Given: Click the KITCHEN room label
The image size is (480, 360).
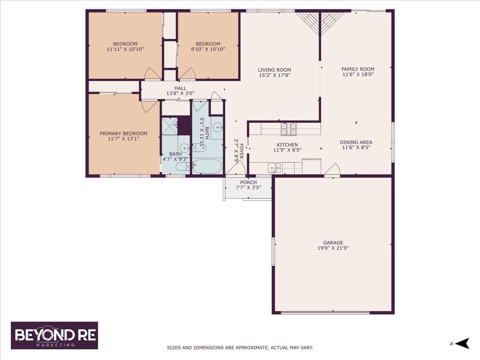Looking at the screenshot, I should pyautogui.click(x=287, y=145).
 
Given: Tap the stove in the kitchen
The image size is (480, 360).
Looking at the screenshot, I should pyautogui.click(x=289, y=128).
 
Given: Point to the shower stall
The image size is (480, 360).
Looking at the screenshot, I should pyautogui.click(x=170, y=126).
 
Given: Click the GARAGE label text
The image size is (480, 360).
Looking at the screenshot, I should pyautogui.click(x=333, y=242).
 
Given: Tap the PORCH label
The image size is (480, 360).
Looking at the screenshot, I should pyautogui.click(x=248, y=182).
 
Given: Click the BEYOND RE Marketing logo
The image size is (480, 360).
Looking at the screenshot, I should pyautogui.click(x=54, y=335).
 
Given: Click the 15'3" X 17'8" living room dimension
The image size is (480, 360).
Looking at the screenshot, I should pyautogui.click(x=274, y=75).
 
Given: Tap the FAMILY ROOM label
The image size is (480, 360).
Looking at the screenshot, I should pyautogui.click(x=358, y=69).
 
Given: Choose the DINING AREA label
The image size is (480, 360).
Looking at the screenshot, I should pyautogui.click(x=356, y=142).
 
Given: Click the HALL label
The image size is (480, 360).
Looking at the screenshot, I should pyautogui.click(x=180, y=88).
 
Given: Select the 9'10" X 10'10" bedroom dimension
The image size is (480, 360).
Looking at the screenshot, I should pyautogui.click(x=208, y=49).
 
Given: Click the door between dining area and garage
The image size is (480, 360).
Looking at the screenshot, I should pyautogui.click(x=333, y=170).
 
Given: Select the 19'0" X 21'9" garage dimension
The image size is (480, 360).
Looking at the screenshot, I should pyautogui.click(x=333, y=248).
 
